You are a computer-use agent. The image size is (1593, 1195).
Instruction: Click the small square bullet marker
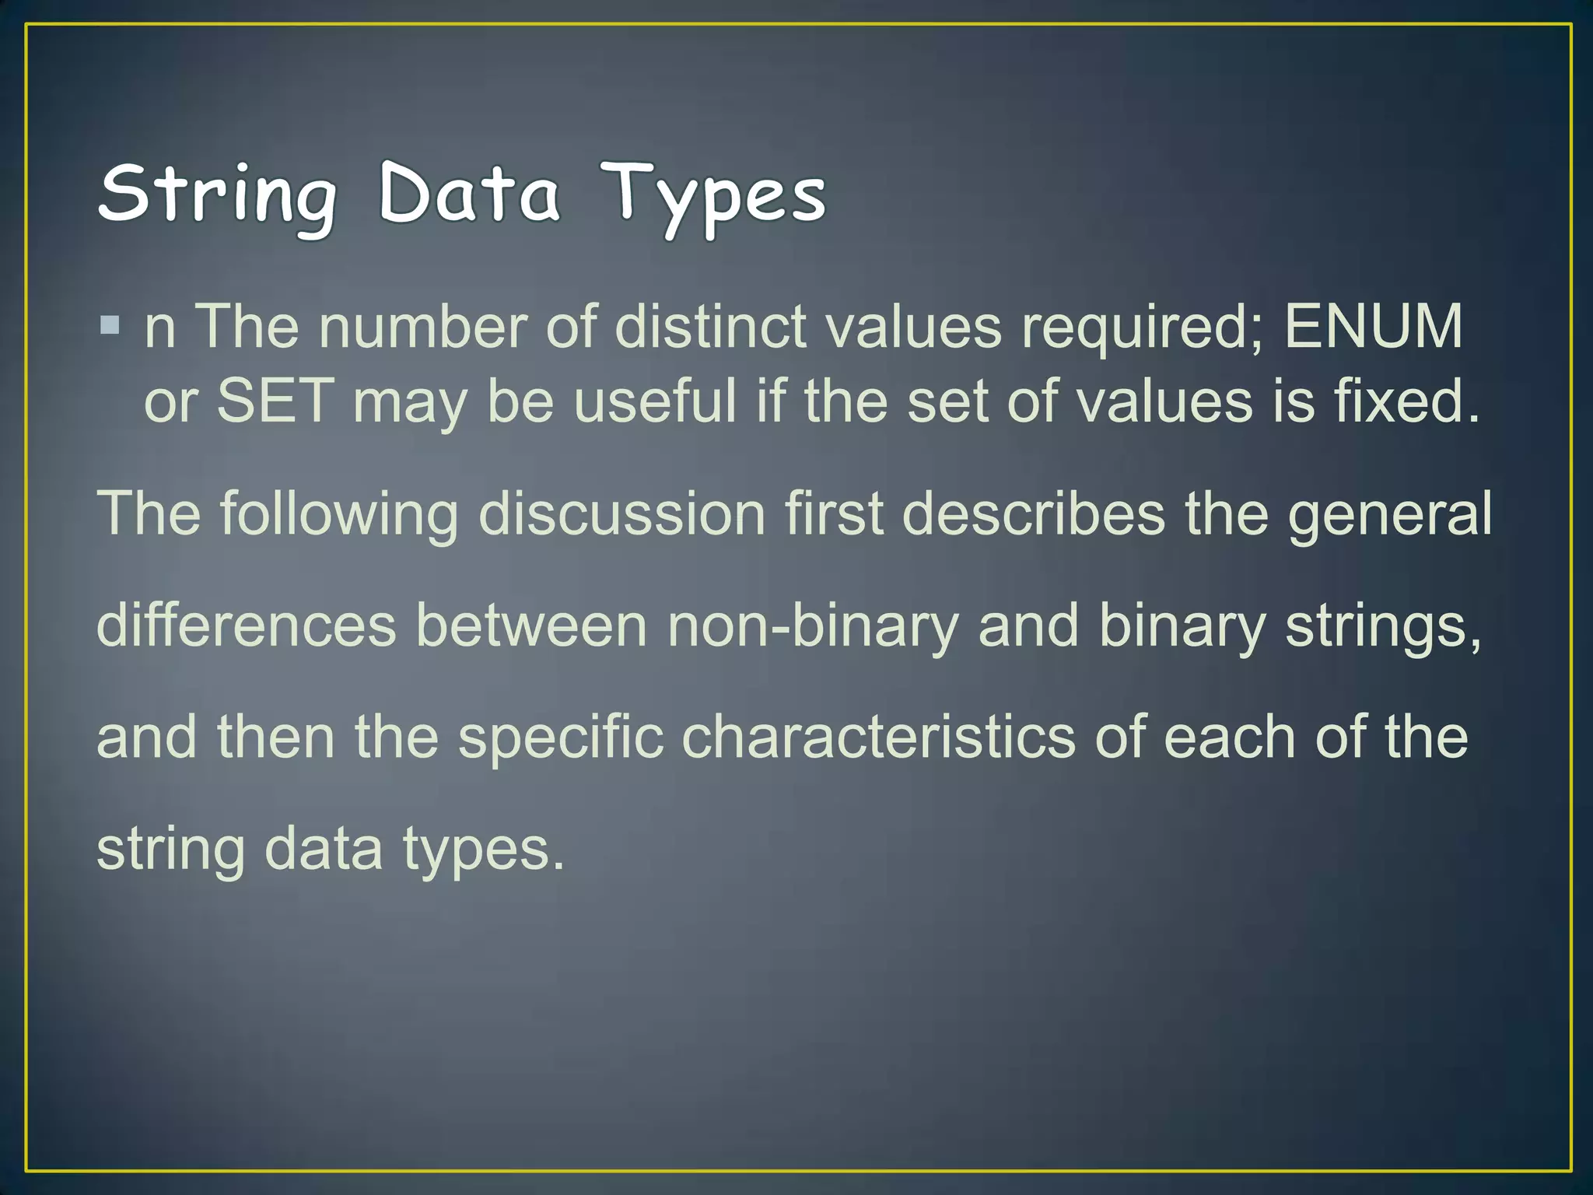click(x=110, y=324)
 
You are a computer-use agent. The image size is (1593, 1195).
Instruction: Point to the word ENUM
click(x=1373, y=326)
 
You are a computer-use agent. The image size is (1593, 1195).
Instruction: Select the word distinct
click(x=710, y=326)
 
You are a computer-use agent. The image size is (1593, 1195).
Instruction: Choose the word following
click(x=339, y=515)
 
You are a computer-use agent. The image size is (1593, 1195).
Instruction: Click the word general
click(x=1390, y=515)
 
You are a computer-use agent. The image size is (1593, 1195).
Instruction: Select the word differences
click(x=246, y=626)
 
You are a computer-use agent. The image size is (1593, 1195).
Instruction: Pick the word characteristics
click(x=878, y=737)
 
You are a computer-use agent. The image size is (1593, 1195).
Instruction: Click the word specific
click(x=560, y=738)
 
